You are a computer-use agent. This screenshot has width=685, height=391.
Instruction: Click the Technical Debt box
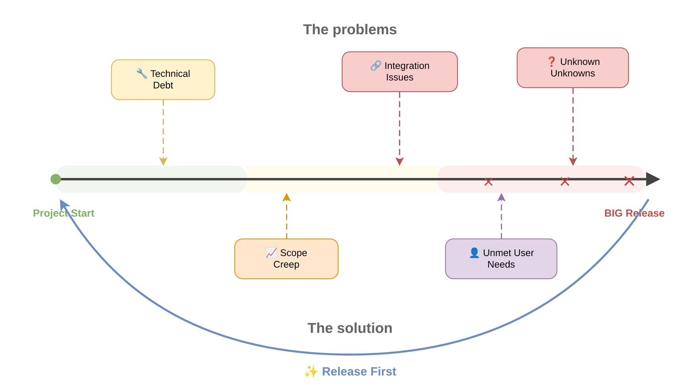coord(163,80)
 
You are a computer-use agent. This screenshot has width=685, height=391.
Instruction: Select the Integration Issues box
coord(399,72)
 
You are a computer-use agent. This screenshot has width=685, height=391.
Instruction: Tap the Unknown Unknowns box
coord(572,68)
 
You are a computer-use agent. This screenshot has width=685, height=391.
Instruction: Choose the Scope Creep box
coord(286,259)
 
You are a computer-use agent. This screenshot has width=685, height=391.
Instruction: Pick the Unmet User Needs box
coord(501,259)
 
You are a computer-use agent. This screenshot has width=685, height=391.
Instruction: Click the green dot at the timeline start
coord(56,179)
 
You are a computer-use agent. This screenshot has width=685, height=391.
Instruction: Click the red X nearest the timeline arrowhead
coord(629,181)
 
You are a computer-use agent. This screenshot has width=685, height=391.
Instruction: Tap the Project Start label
coord(64,213)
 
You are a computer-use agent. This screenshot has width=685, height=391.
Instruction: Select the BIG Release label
coord(634,213)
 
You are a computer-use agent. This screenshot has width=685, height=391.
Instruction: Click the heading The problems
coord(350,29)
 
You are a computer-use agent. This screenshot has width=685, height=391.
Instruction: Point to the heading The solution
coord(350,328)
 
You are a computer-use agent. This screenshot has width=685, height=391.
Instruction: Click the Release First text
coord(359,371)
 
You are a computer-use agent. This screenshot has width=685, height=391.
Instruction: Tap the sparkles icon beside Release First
coord(311,371)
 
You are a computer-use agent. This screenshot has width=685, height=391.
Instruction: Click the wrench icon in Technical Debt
coord(142,73)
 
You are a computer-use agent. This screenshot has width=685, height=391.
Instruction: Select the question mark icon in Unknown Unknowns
coord(551,61)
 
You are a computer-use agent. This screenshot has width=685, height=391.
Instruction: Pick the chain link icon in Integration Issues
coord(376,66)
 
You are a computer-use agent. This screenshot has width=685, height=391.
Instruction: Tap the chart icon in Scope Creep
coord(271,252)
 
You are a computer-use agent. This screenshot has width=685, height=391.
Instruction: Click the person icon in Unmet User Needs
coord(474,252)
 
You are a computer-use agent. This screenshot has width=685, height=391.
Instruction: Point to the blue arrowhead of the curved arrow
coord(63,204)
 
